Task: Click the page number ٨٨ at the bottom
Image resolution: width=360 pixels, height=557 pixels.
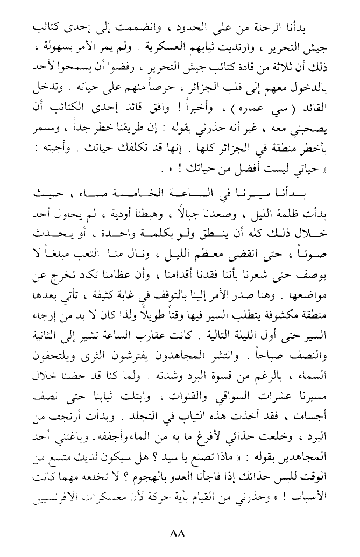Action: pos(177,534)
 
